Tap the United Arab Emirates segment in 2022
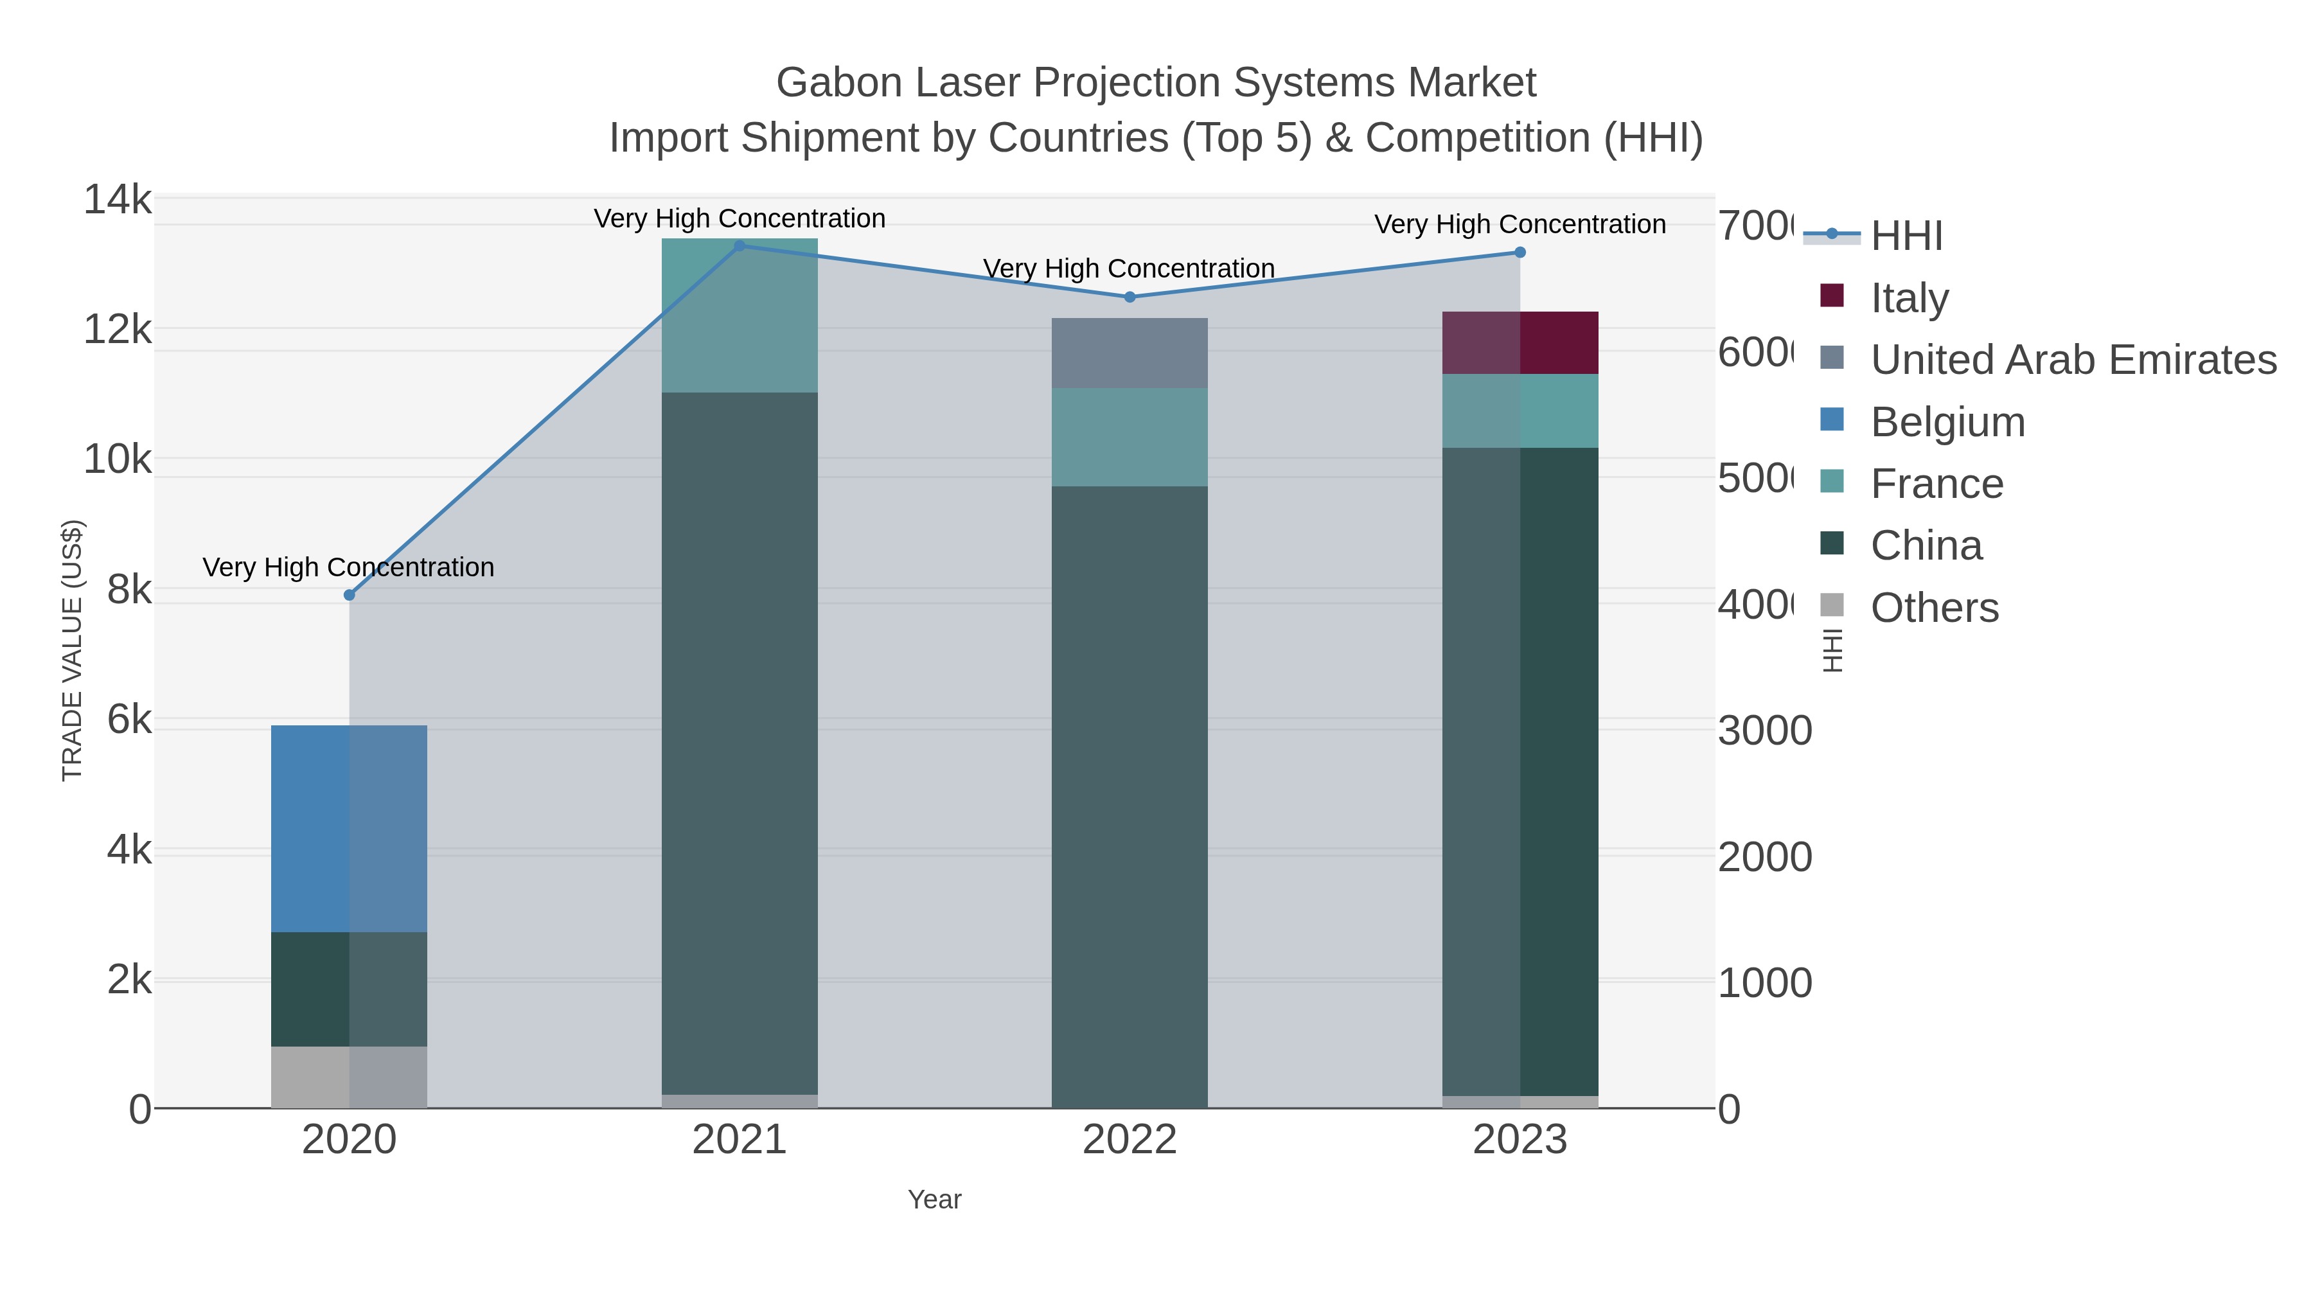click(1129, 353)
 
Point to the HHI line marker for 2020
click(350, 596)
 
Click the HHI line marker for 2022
click(1130, 297)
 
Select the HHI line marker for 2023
click(1520, 252)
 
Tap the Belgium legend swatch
click(1832, 420)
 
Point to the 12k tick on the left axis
click(118, 330)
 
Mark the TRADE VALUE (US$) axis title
click(72, 650)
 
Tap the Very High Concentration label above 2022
click(1129, 269)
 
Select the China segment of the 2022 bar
click(1129, 797)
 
